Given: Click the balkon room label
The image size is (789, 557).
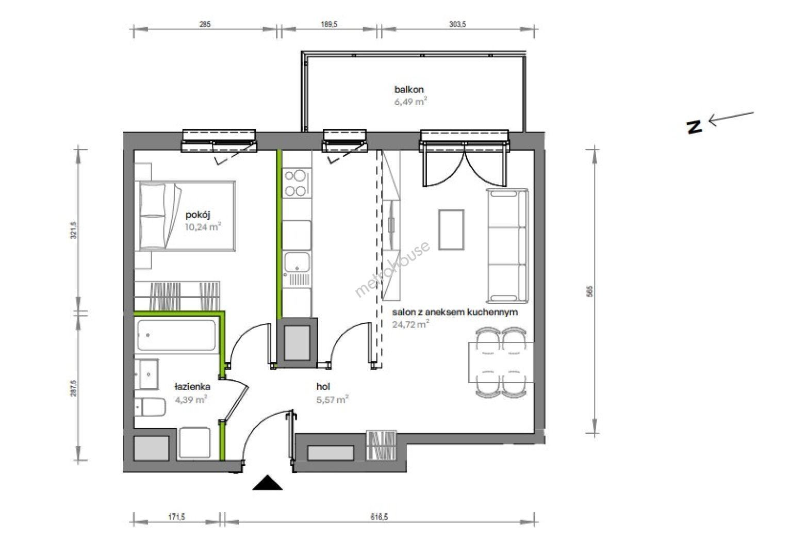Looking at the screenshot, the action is [408, 90].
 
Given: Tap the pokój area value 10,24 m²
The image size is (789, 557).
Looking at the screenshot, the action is [203, 226].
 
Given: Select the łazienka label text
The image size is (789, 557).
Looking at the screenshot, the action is [192, 387].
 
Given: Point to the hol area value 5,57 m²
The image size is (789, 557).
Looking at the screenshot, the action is [333, 400].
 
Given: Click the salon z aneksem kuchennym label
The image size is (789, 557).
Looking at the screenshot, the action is [455, 312].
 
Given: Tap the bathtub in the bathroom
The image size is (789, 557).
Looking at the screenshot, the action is [176, 335].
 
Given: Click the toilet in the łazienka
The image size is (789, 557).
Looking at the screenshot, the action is [151, 407].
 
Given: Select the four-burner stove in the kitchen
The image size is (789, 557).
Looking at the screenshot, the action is [297, 183].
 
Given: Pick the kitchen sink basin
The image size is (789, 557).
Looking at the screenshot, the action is [297, 262].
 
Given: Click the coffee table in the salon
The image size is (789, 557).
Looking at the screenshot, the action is [451, 230].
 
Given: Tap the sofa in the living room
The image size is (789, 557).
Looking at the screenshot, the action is [507, 246].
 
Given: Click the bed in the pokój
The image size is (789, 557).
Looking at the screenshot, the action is [187, 216].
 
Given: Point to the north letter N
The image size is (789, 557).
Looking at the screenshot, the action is [694, 127].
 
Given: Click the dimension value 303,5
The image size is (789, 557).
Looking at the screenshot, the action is [457, 24].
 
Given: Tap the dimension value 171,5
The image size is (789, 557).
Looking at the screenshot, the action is [176, 517].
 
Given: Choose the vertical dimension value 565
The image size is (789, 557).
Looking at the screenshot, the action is [590, 291].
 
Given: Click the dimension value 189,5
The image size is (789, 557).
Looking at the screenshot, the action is [329, 24].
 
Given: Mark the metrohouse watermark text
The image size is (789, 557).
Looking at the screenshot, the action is [392, 269].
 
